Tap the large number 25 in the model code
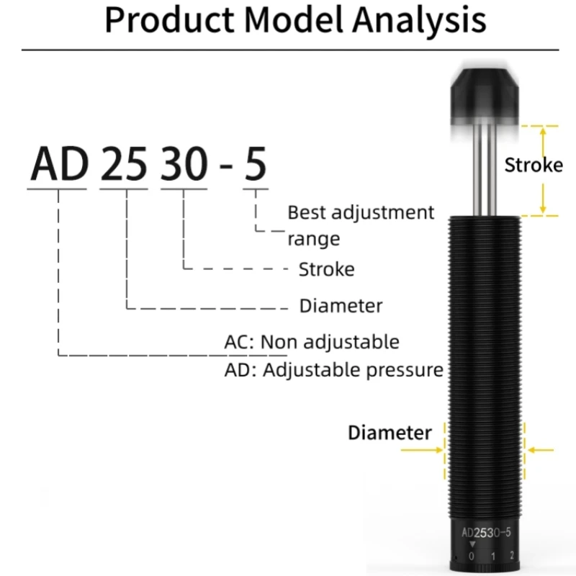click(123, 164)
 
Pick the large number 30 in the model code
click(184, 164)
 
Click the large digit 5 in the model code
click(255, 164)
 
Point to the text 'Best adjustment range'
click(360, 225)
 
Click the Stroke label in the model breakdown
click(326, 270)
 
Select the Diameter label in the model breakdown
click(341, 306)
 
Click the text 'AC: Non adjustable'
click(311, 341)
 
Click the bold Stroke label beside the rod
click(533, 165)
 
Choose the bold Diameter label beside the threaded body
click(390, 433)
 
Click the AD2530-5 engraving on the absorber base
click(487, 534)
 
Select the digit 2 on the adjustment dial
click(511, 556)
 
